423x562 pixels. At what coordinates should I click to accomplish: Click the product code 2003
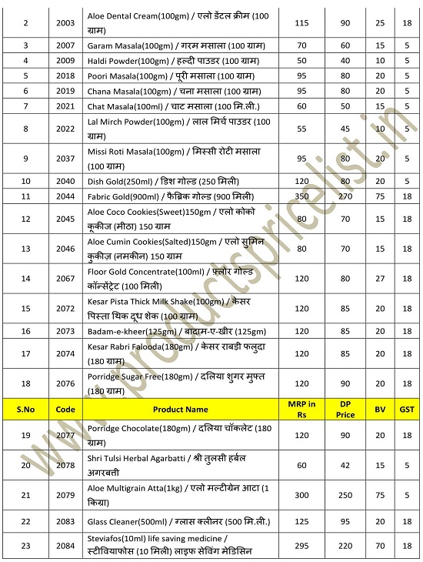[x=66, y=23]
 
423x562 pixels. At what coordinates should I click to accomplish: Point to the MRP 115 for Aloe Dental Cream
[x=302, y=23]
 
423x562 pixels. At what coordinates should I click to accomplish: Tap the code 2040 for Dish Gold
[x=66, y=181]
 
